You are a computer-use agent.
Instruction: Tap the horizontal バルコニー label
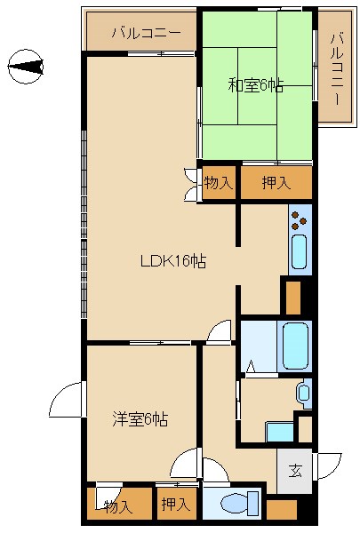pos(147,34)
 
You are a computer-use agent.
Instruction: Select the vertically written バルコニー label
pos(337,68)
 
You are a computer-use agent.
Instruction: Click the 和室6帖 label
pos(256,85)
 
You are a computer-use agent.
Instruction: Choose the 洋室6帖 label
pos(140,418)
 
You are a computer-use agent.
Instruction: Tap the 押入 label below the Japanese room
pos(276,183)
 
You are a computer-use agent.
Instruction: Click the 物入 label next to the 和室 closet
pos(218,184)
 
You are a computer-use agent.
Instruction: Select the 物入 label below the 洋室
pos(117,506)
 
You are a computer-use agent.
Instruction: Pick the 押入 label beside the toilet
pos(174,505)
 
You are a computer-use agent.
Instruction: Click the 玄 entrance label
pos(294,471)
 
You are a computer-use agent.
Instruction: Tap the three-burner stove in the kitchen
pos(300,218)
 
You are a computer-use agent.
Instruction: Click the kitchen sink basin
pos(300,252)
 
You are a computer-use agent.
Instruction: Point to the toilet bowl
pos(233,504)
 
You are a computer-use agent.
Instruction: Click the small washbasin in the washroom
pos(304,391)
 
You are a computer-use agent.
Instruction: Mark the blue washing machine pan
pos(280,432)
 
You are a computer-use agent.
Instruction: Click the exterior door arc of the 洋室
pos(66,402)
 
